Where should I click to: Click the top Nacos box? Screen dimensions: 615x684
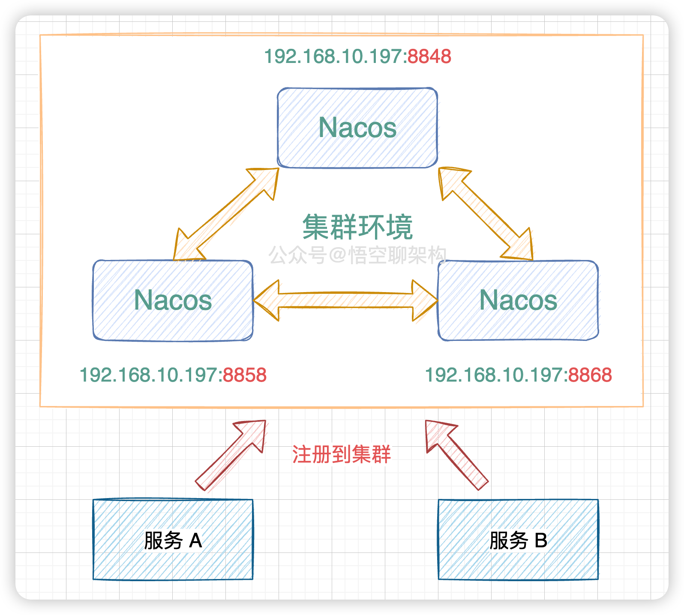pos(357,128)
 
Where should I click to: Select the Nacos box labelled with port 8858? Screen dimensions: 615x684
pos(173,300)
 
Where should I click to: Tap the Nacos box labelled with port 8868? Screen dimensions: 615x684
pos(518,300)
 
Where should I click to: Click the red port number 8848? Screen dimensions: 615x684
pos(429,57)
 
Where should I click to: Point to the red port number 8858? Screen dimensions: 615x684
pos(245,375)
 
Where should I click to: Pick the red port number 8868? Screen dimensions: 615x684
pos(590,375)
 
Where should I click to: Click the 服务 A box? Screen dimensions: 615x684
pos(173,540)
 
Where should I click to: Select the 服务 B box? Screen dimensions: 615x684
pos(518,540)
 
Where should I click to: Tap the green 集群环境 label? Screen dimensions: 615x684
pos(357,227)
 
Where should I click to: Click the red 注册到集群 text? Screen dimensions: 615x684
pos(342,454)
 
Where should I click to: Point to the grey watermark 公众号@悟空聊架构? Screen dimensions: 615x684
pos(357,255)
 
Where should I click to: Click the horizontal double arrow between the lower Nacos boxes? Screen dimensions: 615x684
pos(345,300)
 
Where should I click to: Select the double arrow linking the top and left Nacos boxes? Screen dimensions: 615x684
pos(226,214)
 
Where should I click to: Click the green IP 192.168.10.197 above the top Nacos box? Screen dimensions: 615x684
pos(335,57)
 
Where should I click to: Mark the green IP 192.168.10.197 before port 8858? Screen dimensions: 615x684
pos(151,375)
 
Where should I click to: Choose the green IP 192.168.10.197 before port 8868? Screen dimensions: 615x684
pos(496,375)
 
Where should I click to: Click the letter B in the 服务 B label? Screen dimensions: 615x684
pos(541,540)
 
